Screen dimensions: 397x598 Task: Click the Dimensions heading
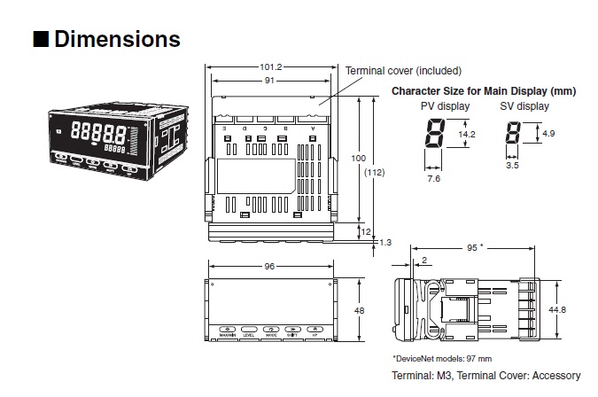coord(117,40)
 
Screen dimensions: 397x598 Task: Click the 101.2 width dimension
coord(271,66)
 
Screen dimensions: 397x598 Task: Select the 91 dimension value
coord(271,82)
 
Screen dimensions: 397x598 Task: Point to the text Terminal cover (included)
coord(403,71)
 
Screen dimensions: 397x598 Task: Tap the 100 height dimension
coord(358,158)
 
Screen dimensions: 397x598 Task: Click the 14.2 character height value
coord(467,135)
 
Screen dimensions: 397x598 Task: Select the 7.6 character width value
coord(433,179)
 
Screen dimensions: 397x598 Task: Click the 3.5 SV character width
coord(512,164)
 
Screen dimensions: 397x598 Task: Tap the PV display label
coord(445,106)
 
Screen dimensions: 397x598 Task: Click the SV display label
coord(525,106)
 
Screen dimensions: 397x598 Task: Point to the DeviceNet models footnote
coord(441,359)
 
